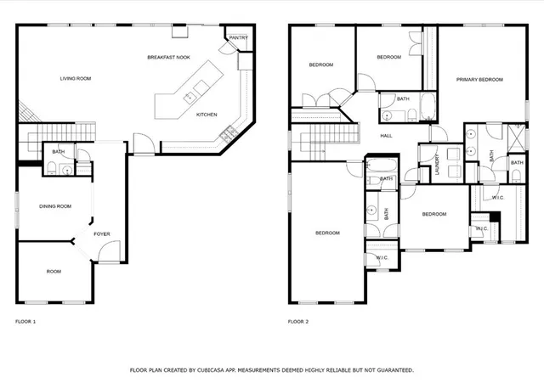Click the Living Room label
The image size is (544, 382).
coord(76,79)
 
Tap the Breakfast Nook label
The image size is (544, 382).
coord(168,58)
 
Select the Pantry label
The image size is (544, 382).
coord(238,38)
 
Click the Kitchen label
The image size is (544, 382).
coord(207,115)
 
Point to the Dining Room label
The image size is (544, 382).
coord(55,206)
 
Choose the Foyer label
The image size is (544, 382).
coord(102,234)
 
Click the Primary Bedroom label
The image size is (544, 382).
coord(479,80)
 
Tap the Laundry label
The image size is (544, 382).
coord(437,165)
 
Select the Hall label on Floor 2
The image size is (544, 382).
coord(386,136)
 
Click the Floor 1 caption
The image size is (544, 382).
coord(25,322)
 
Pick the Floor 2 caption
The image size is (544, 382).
coord(298,322)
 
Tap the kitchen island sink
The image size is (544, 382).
coord(190,98)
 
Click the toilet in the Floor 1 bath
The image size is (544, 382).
coord(51,168)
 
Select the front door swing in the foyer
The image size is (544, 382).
coord(109,251)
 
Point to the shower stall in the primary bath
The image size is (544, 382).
coord(516,137)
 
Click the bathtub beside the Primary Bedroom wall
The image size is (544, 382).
coord(428,106)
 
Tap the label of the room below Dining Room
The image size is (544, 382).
coord(54,272)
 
